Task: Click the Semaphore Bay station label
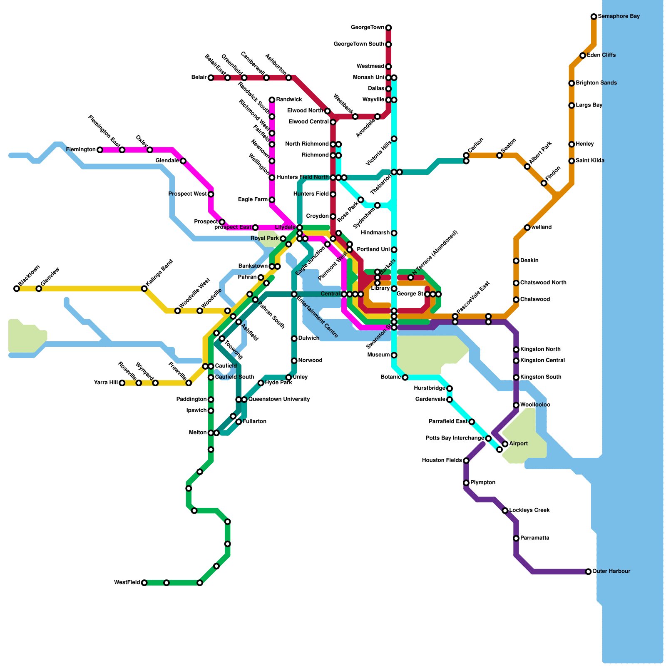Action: click(x=619, y=17)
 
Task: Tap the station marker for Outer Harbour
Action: click(x=588, y=572)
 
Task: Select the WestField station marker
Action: click(x=144, y=583)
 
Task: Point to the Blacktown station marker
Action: click(x=17, y=288)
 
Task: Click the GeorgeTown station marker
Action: click(x=388, y=28)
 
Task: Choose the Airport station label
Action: click(x=519, y=444)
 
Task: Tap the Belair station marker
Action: click(x=211, y=78)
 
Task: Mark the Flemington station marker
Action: click(x=100, y=150)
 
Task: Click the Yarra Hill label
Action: click(x=106, y=383)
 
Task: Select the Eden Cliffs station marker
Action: click(x=583, y=55)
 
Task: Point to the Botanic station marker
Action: click(x=405, y=378)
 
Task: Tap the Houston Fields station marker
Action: click(x=466, y=460)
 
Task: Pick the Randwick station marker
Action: click(x=272, y=100)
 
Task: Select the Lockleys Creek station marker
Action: click(x=505, y=510)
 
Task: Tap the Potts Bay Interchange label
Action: click(x=455, y=438)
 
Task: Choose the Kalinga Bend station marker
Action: click(x=144, y=288)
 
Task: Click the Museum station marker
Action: click(x=394, y=355)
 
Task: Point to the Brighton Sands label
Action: click(x=596, y=83)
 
